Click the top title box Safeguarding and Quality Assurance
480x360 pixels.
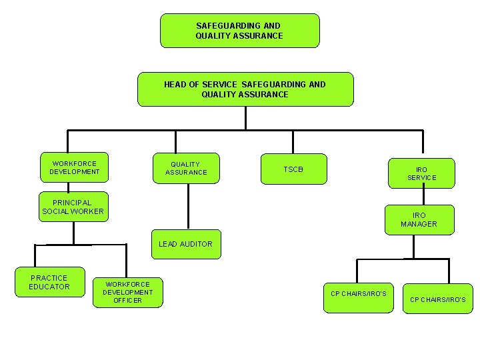pyautogui.click(x=239, y=31)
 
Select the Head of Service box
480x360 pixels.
pyautogui.click(x=245, y=89)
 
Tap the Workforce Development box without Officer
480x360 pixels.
pyautogui.click(x=74, y=167)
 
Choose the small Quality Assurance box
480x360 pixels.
pyautogui.click(x=186, y=168)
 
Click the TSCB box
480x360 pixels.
pyautogui.click(x=293, y=169)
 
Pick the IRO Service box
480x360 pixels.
pyautogui.click(x=421, y=173)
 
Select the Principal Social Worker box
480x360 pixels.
pyautogui.click(x=73, y=207)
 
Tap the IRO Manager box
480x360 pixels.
pyautogui.click(x=419, y=219)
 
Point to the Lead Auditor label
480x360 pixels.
pyautogui.click(x=185, y=244)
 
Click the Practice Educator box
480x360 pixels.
pyautogui.click(x=49, y=282)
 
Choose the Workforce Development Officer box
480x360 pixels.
pyautogui.click(x=127, y=292)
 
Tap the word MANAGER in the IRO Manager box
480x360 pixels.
pyautogui.click(x=419, y=224)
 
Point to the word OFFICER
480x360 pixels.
pyautogui.click(x=127, y=301)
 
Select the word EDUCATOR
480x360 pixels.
pyautogui.click(x=49, y=287)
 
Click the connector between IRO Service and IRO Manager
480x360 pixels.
pyautogui.click(x=421, y=196)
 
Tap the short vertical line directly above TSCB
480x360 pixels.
pyautogui.click(x=293, y=142)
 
